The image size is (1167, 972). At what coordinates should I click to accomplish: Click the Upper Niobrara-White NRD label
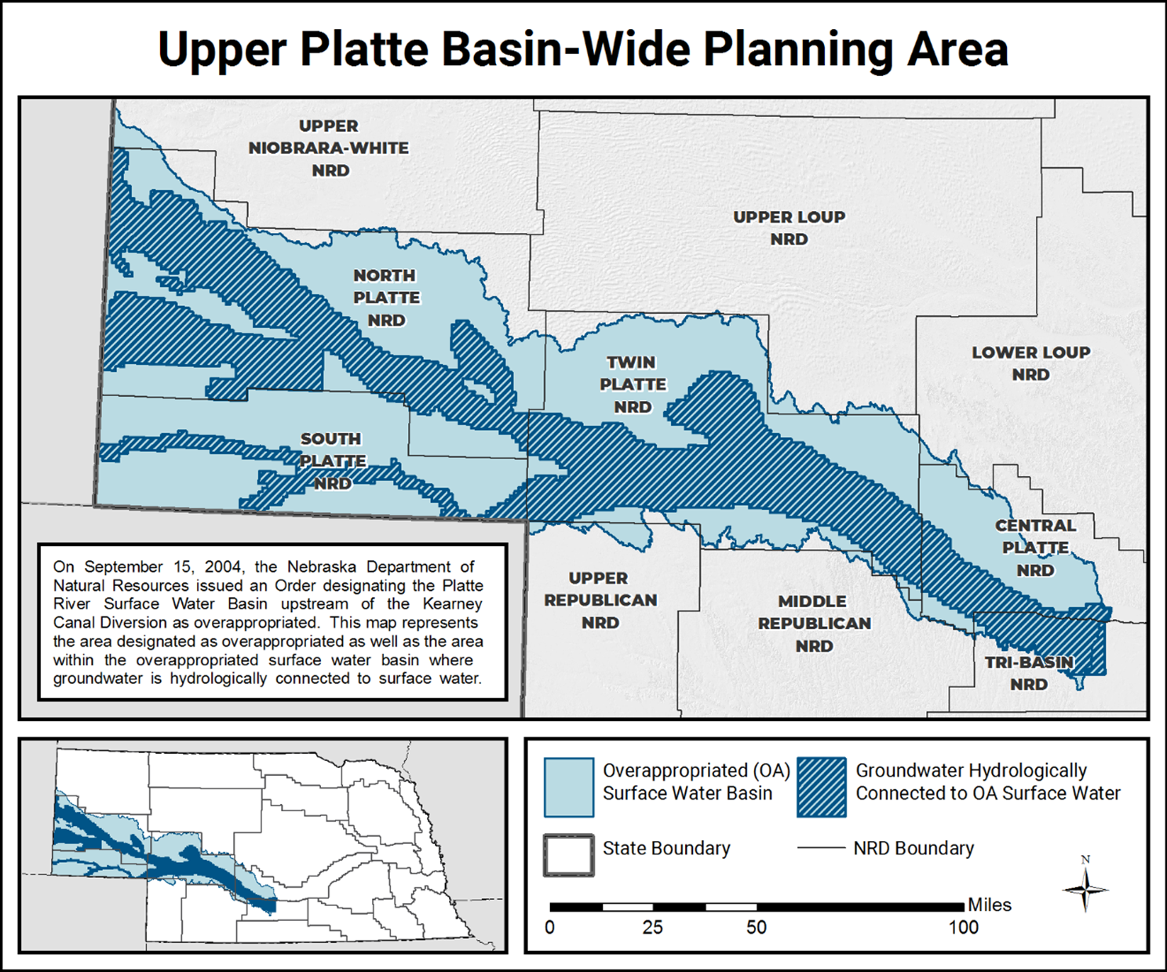(x=329, y=148)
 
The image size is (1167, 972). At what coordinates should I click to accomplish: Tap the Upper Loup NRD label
(x=789, y=228)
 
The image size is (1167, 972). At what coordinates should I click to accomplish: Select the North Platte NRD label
(x=386, y=298)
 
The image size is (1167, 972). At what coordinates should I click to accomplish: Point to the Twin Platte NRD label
(x=633, y=384)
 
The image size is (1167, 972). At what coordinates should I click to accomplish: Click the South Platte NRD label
(x=332, y=461)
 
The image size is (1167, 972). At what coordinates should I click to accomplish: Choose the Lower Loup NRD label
(x=1030, y=364)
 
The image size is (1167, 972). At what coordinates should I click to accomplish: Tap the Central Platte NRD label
(x=1035, y=548)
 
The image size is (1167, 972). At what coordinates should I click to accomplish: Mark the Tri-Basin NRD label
(x=1029, y=673)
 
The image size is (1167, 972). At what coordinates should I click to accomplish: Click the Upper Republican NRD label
(x=600, y=600)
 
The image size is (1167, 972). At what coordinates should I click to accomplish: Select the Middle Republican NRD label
(x=814, y=624)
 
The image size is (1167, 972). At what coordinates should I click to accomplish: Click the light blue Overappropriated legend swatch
(x=568, y=787)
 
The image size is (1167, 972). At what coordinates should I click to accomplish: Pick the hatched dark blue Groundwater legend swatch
(x=822, y=787)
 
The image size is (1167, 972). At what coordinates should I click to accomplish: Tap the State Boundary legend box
(x=568, y=855)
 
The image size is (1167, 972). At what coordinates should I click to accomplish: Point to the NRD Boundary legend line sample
(x=821, y=848)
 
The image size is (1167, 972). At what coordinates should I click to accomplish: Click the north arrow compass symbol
(x=1085, y=889)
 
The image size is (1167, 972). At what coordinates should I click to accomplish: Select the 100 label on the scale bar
(x=963, y=927)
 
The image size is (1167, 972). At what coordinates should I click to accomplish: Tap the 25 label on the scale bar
(x=653, y=927)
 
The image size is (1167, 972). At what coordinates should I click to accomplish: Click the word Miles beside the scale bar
(x=989, y=905)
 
